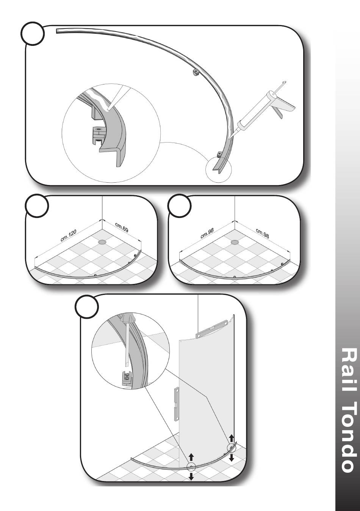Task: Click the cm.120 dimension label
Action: pos(68,236)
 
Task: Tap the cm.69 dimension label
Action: pos(122,227)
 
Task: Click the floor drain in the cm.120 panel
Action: pos(102,242)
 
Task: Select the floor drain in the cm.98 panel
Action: pos(234,242)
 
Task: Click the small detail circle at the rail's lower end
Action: pos(218,169)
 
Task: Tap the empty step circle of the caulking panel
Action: pos(33,34)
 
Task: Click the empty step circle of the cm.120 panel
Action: pos(37,205)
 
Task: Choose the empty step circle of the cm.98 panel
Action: pos(180,205)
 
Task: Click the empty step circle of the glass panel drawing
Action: pos(87,307)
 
